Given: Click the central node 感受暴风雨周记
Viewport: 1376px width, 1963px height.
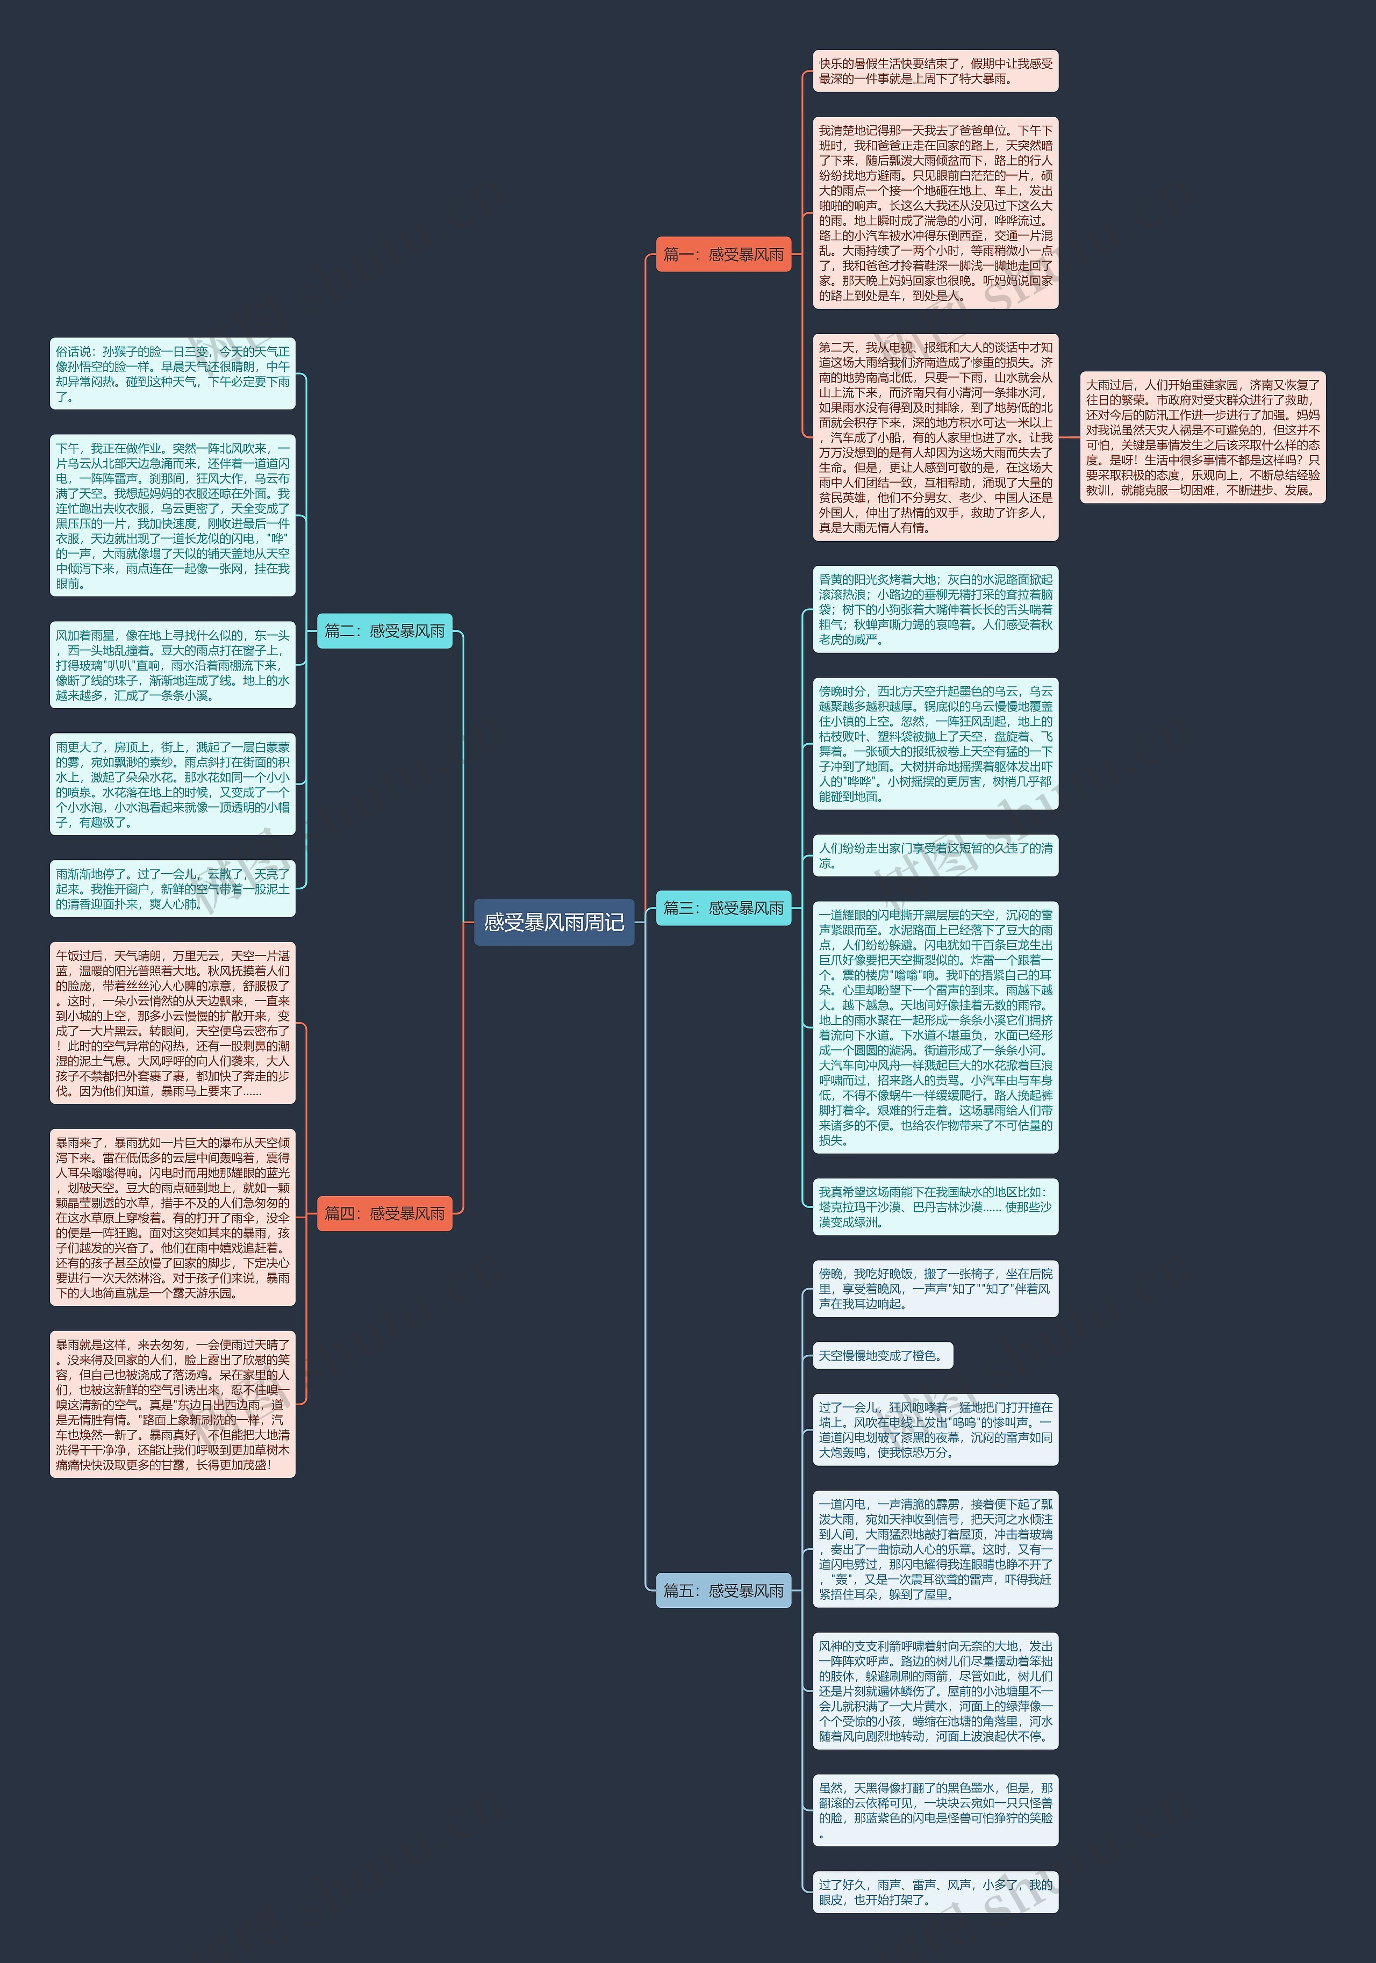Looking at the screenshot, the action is tap(553, 922).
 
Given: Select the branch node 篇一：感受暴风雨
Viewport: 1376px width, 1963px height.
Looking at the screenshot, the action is tap(722, 254).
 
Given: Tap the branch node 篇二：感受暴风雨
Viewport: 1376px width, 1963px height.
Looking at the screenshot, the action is tap(384, 631).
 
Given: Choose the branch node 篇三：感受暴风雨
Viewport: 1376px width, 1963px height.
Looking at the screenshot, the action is tap(722, 908).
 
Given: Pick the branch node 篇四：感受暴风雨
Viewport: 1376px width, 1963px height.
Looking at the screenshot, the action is tap(384, 1213).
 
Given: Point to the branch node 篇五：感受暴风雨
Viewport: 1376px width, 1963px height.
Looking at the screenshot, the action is tap(722, 1590).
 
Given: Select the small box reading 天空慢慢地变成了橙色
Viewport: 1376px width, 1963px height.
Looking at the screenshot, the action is tap(881, 1355).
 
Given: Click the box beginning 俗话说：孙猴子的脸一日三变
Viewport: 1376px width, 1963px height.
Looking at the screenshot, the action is tap(173, 373).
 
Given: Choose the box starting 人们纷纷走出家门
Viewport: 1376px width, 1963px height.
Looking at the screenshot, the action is tap(935, 855).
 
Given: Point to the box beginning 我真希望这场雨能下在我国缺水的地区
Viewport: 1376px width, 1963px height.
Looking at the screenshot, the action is tap(935, 1206).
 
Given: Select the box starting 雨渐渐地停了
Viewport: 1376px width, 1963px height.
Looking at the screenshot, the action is tap(173, 888).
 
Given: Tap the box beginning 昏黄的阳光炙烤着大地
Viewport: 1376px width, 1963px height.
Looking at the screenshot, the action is tap(935, 609).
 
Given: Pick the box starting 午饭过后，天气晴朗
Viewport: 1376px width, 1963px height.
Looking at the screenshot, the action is tap(173, 1023).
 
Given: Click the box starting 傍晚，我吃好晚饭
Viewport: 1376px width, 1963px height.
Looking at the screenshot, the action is tap(935, 1289).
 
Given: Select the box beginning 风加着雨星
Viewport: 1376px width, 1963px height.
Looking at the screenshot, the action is tap(173, 664).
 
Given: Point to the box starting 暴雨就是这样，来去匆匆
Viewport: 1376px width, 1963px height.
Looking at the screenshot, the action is tap(173, 1404).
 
